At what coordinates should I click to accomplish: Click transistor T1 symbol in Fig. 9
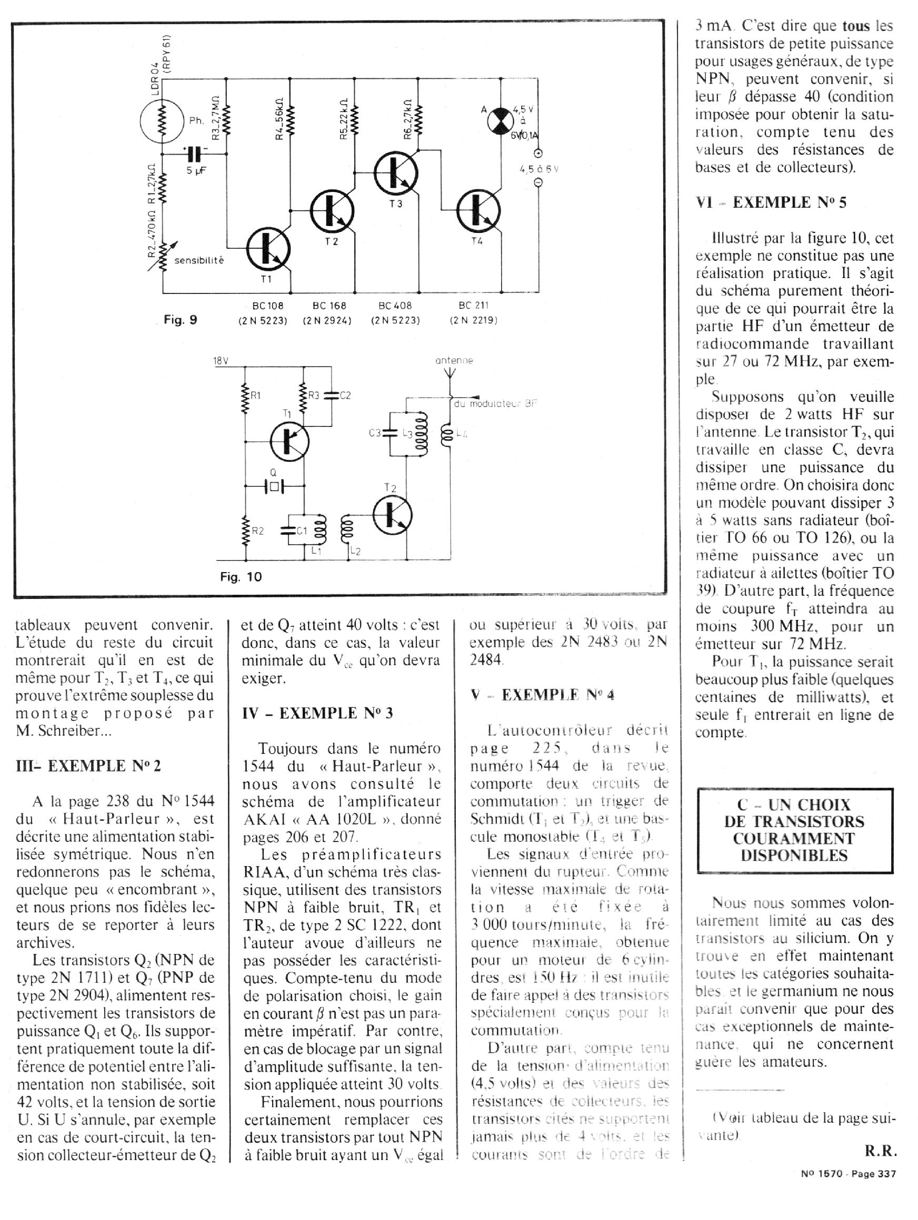tap(268, 248)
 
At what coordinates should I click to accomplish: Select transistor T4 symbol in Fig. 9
tap(478, 211)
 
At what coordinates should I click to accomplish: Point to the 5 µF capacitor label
tap(195, 171)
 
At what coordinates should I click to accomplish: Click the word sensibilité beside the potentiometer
tap(199, 260)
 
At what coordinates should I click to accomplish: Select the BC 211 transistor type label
tap(473, 305)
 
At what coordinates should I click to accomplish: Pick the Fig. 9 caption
tap(180, 320)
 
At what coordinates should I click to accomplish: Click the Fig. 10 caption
tap(241, 577)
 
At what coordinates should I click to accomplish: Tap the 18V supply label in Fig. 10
tap(221, 361)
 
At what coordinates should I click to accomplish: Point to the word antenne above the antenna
tap(454, 361)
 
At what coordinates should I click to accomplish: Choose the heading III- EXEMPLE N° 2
tap(88, 766)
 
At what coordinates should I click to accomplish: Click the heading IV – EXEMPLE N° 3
tap(317, 713)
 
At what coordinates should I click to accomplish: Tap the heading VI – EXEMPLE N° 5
tap(771, 202)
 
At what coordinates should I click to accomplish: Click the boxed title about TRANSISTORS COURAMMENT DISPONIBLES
tap(794, 830)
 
